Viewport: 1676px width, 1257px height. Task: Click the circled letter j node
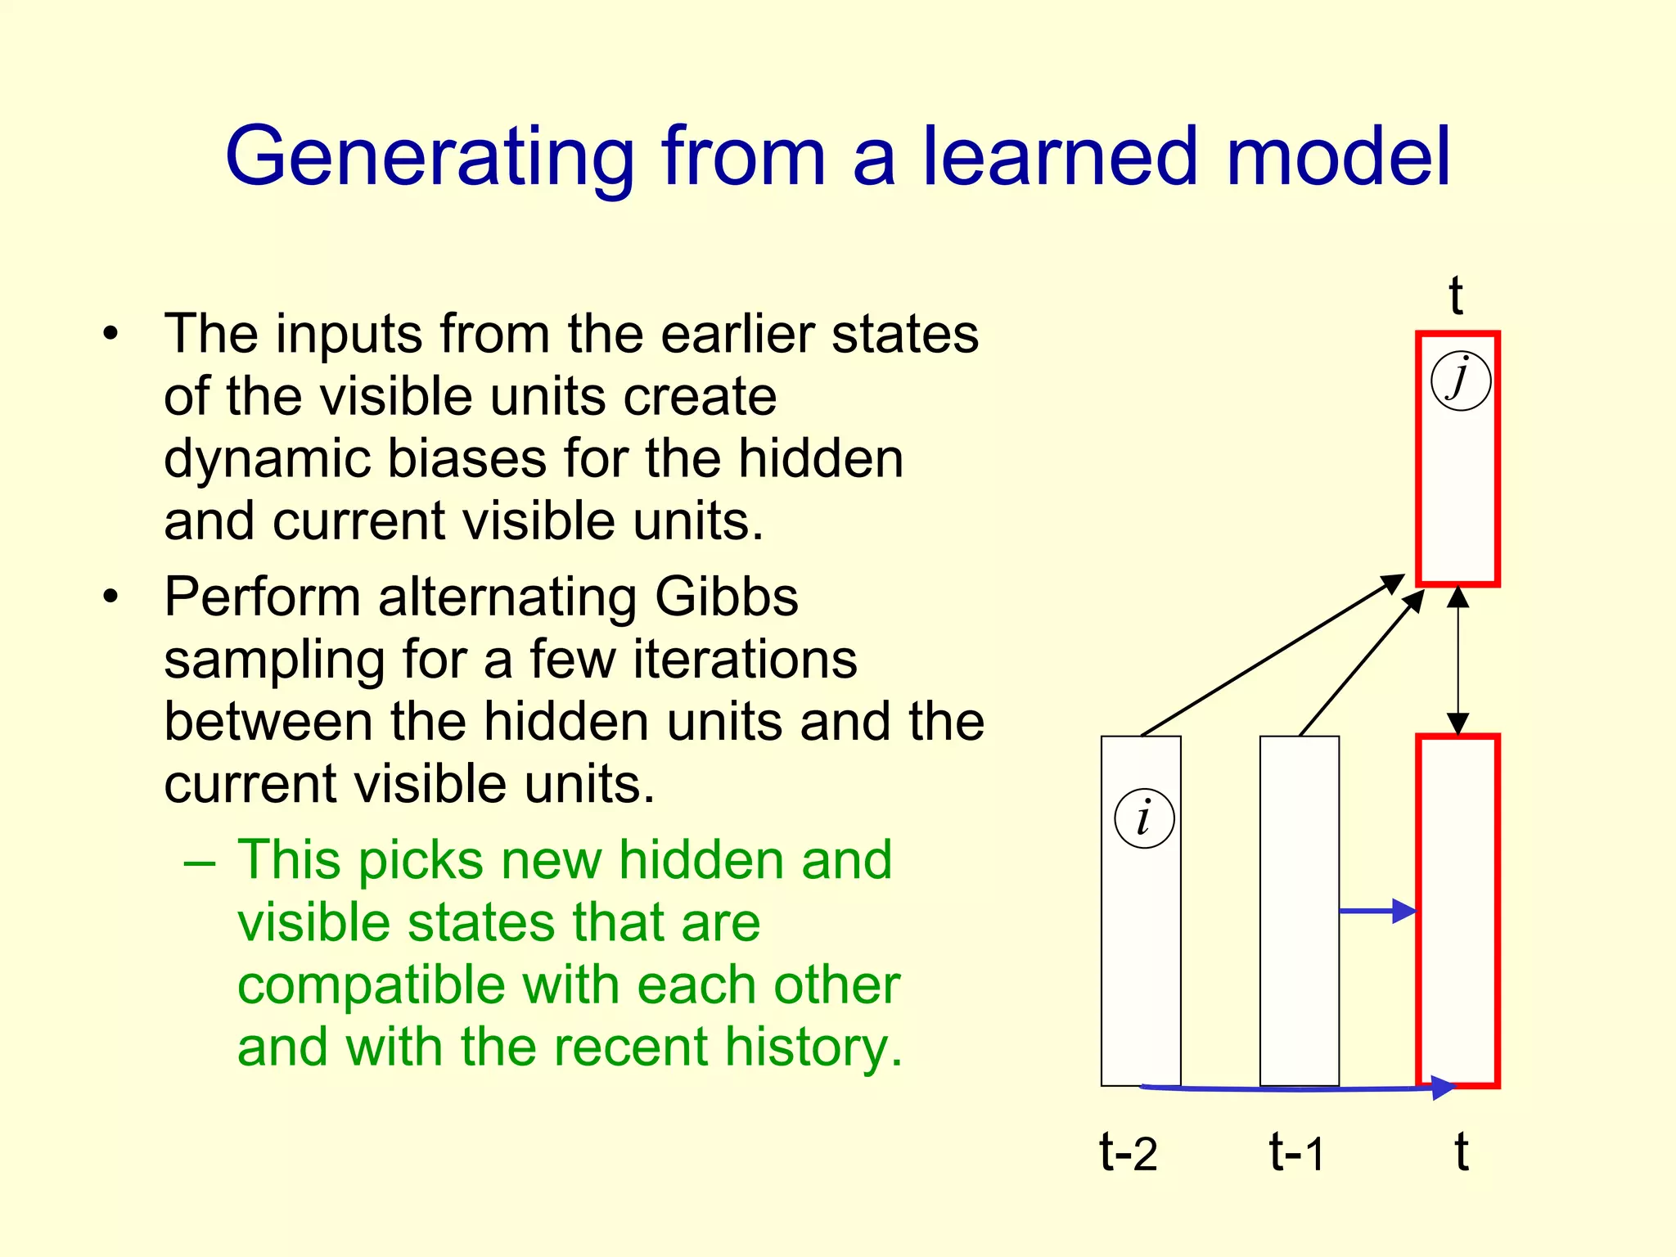tap(1461, 381)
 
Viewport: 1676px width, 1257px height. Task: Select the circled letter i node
tap(1144, 818)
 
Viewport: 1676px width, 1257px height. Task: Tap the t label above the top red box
tap(1456, 295)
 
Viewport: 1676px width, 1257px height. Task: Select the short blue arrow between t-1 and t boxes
tap(1377, 911)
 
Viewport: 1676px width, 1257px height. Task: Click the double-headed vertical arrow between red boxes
tap(1457, 660)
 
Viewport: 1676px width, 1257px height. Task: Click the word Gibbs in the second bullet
tap(726, 597)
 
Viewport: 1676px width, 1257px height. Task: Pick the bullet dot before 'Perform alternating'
tap(111, 597)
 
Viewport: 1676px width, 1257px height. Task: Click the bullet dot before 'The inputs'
tap(111, 334)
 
